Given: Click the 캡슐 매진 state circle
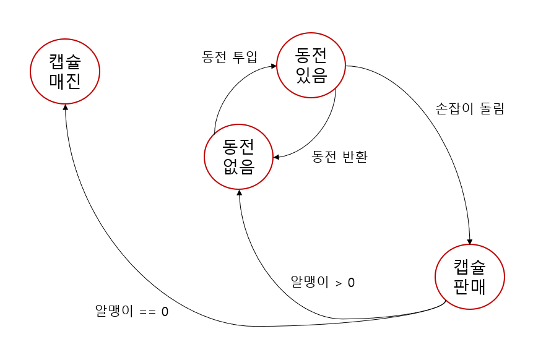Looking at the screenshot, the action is (65, 71).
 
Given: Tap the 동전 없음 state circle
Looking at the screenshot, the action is (238, 157).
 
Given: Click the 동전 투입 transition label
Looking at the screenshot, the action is (229, 57).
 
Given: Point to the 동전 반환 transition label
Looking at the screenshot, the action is (340, 156).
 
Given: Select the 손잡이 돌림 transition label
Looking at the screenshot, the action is (470, 109).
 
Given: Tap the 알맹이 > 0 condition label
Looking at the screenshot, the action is (323, 282).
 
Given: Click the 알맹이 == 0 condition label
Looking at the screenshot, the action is (131, 311).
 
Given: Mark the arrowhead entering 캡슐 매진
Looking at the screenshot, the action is (66, 108).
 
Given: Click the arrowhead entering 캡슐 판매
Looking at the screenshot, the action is (470, 241).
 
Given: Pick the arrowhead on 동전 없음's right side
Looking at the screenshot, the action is (275, 157).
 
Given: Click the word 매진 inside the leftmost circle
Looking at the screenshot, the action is (65, 81).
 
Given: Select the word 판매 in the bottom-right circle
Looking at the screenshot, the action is (470, 287).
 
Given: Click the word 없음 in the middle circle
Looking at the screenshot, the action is (238, 167).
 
